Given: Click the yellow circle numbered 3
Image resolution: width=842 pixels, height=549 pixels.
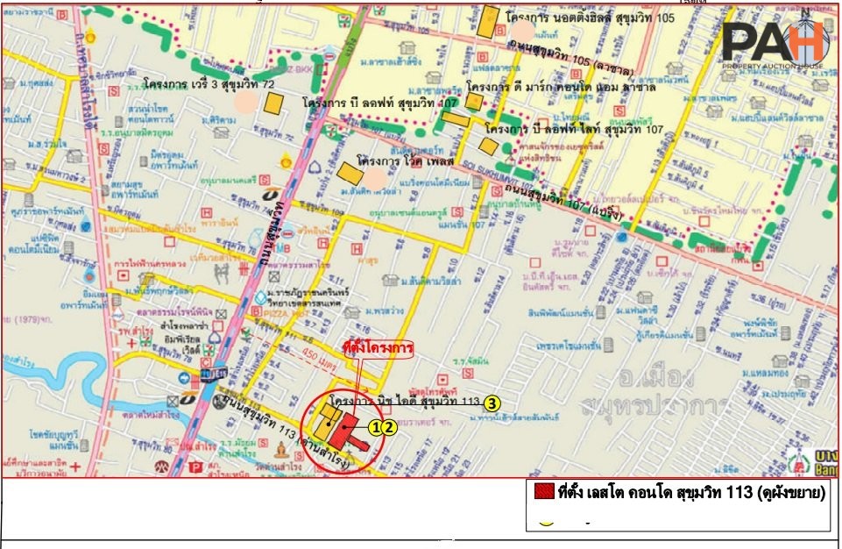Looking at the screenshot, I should tap(492, 403).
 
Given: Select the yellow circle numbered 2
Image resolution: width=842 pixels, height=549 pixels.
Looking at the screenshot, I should tap(389, 428).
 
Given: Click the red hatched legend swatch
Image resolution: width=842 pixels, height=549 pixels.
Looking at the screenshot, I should tap(543, 492).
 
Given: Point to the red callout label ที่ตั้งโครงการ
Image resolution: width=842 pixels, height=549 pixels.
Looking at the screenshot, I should tap(378, 348).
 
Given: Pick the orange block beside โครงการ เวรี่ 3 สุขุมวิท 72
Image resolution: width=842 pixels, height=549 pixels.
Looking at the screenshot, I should tap(274, 103).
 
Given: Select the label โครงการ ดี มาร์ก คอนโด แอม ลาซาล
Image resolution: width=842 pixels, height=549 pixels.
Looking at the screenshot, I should tap(554, 88).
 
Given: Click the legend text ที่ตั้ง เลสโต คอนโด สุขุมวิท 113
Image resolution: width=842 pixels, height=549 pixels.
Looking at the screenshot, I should tap(691, 492).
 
